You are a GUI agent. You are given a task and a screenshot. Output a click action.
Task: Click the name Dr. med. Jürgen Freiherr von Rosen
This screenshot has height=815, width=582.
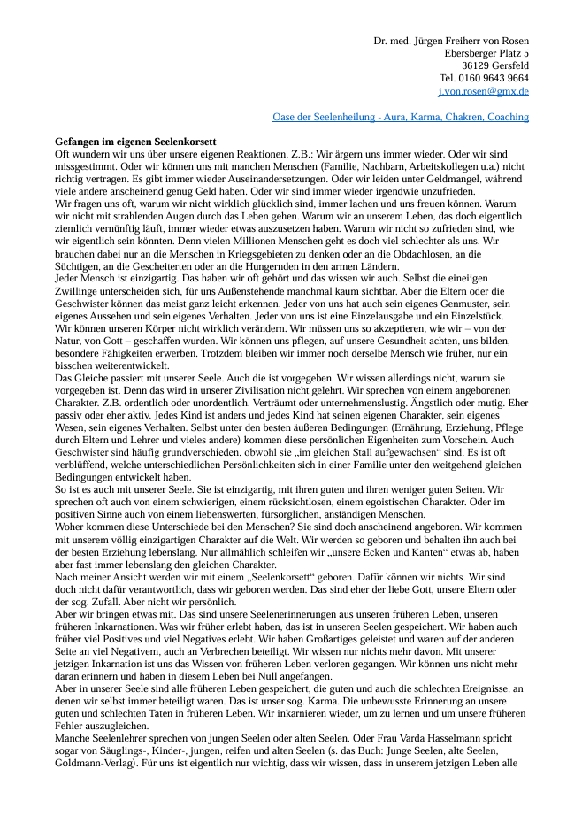[x=451, y=41]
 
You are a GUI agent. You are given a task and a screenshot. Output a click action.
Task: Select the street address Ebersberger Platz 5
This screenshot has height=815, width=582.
[x=486, y=53]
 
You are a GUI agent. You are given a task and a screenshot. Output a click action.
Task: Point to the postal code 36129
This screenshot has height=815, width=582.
[x=478, y=65]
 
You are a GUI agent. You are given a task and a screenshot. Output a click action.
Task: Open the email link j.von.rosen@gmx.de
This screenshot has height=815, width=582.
[x=483, y=91]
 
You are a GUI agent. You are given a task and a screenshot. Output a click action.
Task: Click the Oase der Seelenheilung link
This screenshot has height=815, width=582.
[x=401, y=117]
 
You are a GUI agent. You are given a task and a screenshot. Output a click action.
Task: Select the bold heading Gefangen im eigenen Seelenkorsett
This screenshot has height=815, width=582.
[x=135, y=142]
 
